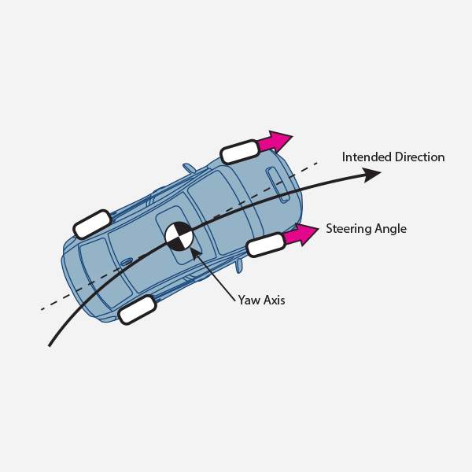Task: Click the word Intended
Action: (367, 157)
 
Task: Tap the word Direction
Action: (419, 157)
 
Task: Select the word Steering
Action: (348, 229)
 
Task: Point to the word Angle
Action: (391, 229)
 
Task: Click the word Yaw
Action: (248, 301)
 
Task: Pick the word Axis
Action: (273, 301)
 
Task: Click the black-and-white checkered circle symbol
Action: (179, 236)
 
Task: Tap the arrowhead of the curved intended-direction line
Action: (371, 175)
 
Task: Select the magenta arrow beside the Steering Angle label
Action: (301, 234)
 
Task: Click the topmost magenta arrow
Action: (275, 142)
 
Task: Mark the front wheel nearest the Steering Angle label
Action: (266, 245)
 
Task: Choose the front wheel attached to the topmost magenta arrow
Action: (240, 152)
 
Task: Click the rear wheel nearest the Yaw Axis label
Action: (137, 310)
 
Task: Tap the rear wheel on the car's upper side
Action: (92, 224)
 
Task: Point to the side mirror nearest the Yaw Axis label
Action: (239, 266)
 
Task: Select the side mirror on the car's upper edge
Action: (189, 168)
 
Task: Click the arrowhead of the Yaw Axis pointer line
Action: (196, 254)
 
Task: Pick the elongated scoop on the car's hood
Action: (278, 185)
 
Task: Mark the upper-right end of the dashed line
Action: (317, 163)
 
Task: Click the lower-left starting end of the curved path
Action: (50, 346)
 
